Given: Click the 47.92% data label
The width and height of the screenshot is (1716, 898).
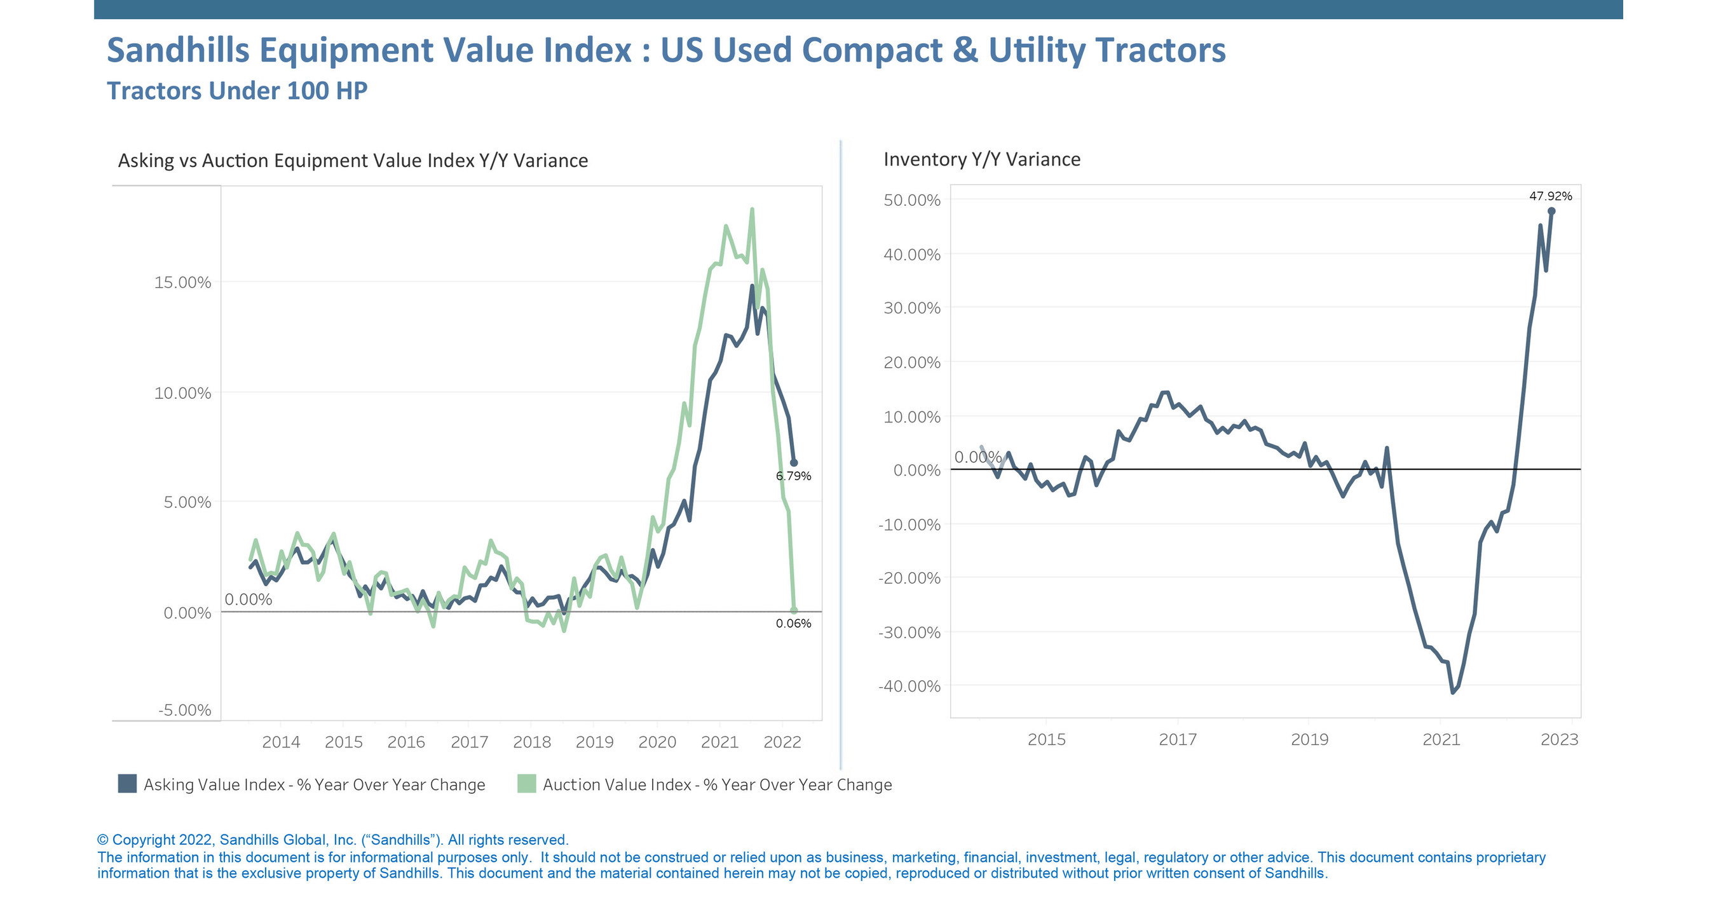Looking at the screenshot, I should click(x=1550, y=196).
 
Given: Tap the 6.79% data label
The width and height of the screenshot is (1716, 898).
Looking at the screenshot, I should click(x=793, y=476).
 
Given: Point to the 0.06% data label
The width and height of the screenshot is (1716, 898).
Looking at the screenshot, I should click(x=793, y=623).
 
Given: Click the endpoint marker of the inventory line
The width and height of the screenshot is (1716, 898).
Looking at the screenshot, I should click(x=1551, y=211).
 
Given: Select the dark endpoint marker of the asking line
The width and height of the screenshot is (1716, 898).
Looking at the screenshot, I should click(x=793, y=462).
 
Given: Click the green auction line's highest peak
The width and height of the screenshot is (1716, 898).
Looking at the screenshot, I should click(x=751, y=210).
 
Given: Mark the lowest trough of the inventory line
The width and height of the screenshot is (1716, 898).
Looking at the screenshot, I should click(x=1453, y=692).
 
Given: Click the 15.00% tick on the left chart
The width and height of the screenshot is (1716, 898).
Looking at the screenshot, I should click(x=182, y=282).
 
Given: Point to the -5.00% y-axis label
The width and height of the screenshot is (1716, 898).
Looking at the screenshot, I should click(x=184, y=709).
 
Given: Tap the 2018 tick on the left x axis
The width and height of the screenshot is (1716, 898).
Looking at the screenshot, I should click(x=531, y=742).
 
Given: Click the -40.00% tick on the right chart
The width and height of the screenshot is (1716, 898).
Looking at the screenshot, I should click(x=909, y=686).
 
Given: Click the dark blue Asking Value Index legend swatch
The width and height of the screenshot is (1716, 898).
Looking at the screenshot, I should click(x=127, y=784).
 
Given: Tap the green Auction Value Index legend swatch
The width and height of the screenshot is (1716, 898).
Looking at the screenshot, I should click(x=526, y=784).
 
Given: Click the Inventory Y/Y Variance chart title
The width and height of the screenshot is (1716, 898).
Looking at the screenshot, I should click(x=981, y=159).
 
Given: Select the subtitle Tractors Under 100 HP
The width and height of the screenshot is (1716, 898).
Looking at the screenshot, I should click(x=237, y=91).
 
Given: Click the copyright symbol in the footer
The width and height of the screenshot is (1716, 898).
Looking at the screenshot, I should click(x=102, y=840).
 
